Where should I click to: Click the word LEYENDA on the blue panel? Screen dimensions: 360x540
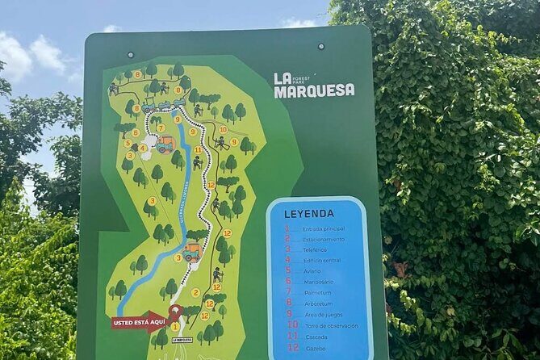[x=309, y=214]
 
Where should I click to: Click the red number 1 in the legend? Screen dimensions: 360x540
[x=287, y=228]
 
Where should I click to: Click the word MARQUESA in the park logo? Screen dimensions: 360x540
[x=314, y=90]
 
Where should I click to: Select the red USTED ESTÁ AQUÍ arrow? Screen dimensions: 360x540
[x=138, y=322]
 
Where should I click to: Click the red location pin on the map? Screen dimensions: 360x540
[x=174, y=312]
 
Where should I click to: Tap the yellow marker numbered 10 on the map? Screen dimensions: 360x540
[x=223, y=129]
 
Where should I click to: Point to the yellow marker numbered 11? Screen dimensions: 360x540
[x=198, y=149]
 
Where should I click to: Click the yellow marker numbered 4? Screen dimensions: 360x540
[x=143, y=148]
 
